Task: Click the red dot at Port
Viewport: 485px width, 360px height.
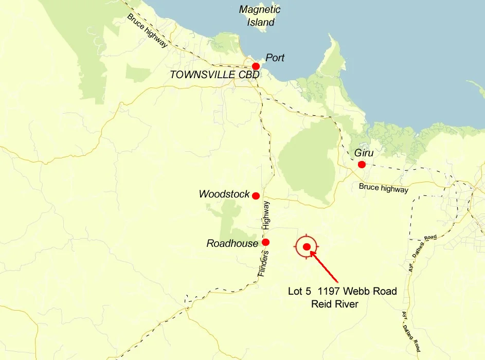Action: click(x=256, y=66)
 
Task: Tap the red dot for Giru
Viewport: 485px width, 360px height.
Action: click(x=362, y=165)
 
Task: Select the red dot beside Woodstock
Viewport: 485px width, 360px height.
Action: click(x=256, y=196)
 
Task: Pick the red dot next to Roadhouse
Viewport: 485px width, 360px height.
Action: click(x=265, y=242)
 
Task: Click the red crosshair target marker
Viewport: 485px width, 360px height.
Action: click(x=307, y=247)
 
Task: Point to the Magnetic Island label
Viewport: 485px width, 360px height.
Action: click(x=260, y=16)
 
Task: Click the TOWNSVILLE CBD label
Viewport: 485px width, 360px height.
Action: click(x=214, y=75)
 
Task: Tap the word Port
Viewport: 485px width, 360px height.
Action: click(x=275, y=58)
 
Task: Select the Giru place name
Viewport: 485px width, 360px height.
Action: click(x=363, y=153)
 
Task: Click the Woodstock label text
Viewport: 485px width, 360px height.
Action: click(x=224, y=194)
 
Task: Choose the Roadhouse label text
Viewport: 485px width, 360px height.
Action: click(x=232, y=243)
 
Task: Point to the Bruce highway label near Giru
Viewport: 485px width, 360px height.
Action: click(x=384, y=188)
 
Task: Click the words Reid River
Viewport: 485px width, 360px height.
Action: click(x=335, y=304)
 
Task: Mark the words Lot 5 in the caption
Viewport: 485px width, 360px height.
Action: click(x=300, y=292)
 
